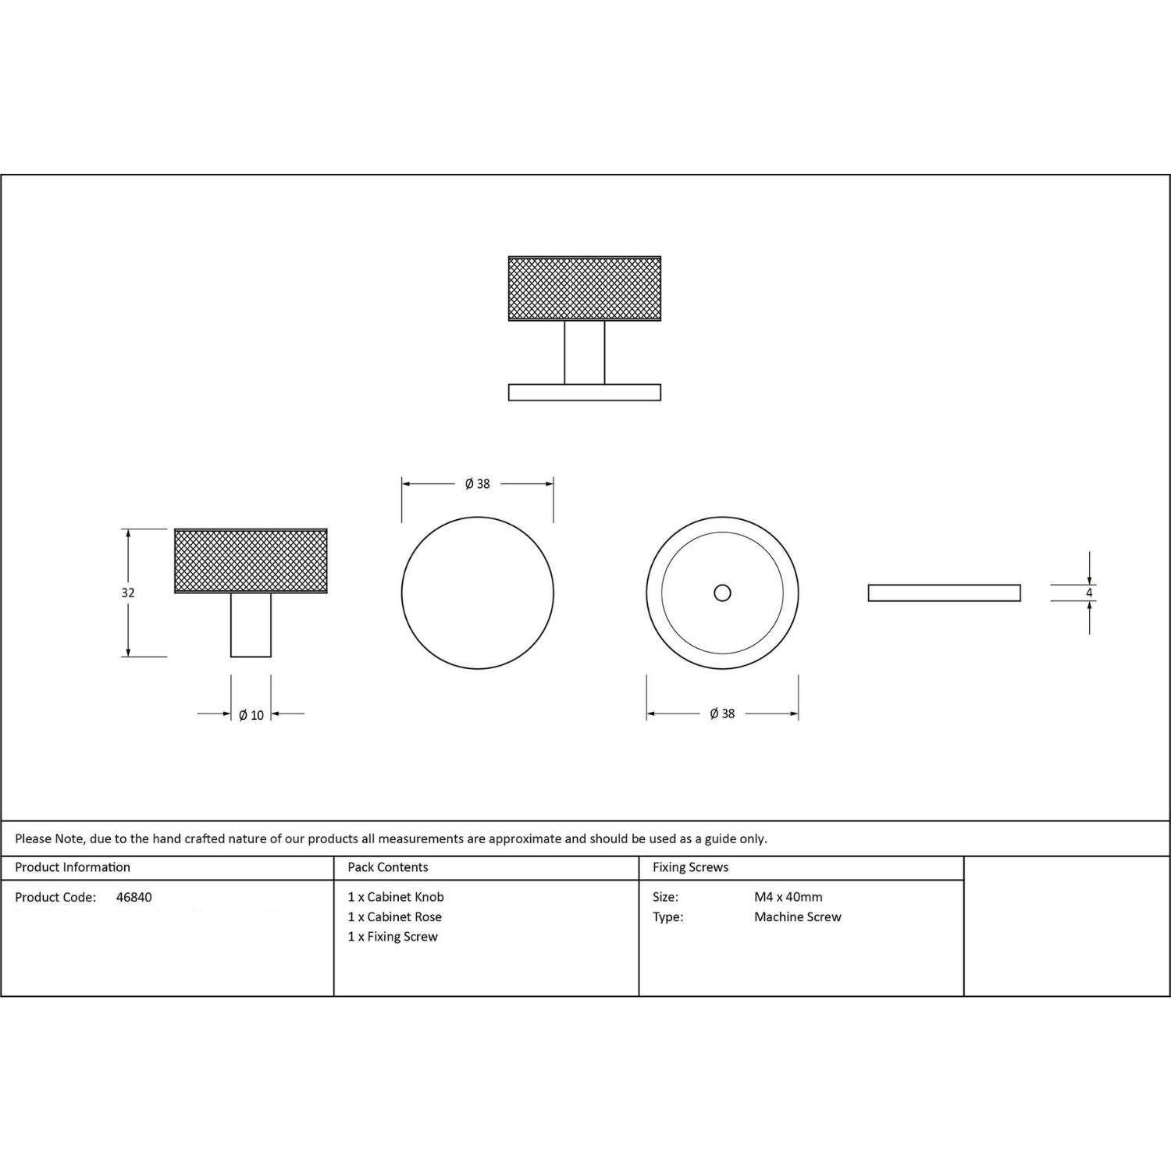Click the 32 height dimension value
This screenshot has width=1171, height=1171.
click(128, 593)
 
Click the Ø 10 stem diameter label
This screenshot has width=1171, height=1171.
click(251, 715)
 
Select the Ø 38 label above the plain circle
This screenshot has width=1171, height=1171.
click(477, 484)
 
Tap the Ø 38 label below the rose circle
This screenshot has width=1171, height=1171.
click(722, 714)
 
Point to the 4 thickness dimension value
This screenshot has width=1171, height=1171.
click(1089, 593)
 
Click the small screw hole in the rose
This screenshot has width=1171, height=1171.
click(722, 593)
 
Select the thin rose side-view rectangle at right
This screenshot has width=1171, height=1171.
click(944, 593)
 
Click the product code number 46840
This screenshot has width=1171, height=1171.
click(134, 898)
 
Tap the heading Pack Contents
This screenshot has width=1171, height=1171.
click(388, 867)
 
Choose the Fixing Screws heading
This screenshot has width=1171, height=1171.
click(691, 867)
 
